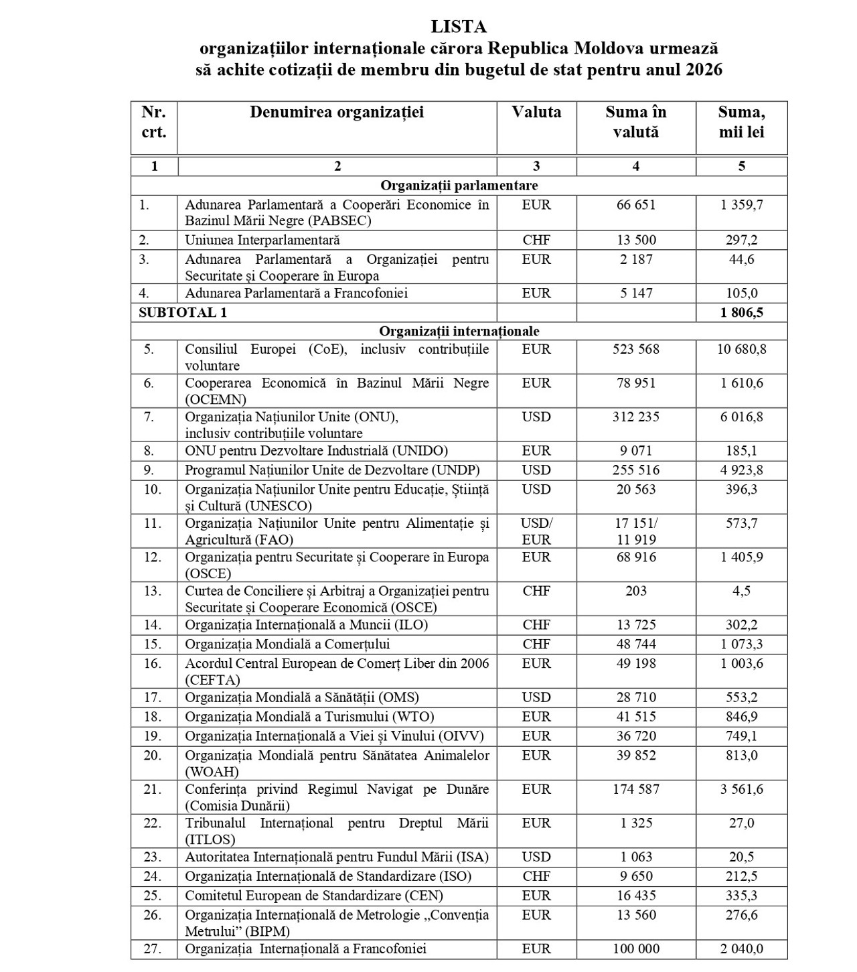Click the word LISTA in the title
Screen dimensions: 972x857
pyautogui.click(x=459, y=27)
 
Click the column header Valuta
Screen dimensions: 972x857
pyautogui.click(x=536, y=112)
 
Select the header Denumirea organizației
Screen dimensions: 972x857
pyautogui.click(x=337, y=112)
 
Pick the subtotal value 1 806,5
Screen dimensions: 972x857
pyautogui.click(x=741, y=312)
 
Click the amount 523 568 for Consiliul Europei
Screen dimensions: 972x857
pyautogui.click(x=635, y=349)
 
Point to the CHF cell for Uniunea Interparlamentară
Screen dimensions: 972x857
pyautogui.click(x=536, y=240)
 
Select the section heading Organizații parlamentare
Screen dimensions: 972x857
pyautogui.click(x=459, y=186)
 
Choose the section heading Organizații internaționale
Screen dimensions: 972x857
pyautogui.click(x=459, y=331)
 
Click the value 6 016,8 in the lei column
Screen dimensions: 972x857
pyautogui.click(x=741, y=417)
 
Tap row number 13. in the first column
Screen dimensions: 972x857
pyautogui.click(x=153, y=591)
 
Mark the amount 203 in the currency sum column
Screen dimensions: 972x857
pyautogui.click(x=635, y=591)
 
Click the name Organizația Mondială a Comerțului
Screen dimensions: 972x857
pyautogui.click(x=287, y=644)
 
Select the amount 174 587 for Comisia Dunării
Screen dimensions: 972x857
pyautogui.click(x=635, y=789)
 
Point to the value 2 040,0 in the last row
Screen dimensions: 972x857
pyautogui.click(x=741, y=949)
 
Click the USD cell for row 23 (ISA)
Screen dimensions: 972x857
pyautogui.click(x=536, y=857)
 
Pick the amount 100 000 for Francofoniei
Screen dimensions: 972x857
pyautogui.click(x=635, y=949)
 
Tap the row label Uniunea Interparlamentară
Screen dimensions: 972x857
pyautogui.click(x=262, y=240)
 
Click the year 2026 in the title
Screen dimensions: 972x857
pyautogui.click(x=704, y=70)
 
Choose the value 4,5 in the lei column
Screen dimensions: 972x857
pyautogui.click(x=741, y=591)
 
